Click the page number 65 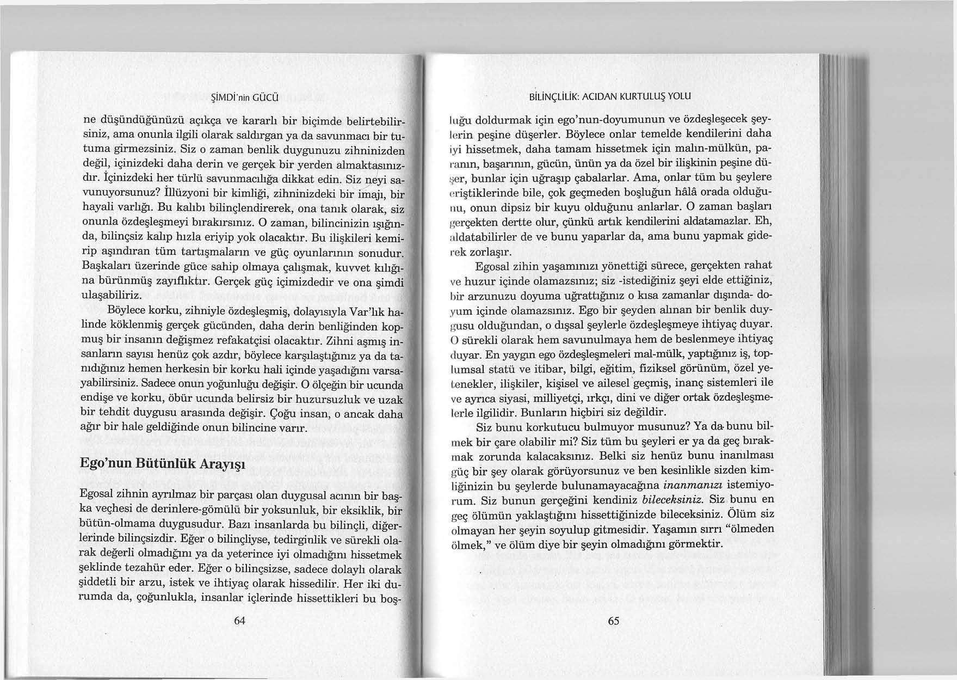pos(613,621)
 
